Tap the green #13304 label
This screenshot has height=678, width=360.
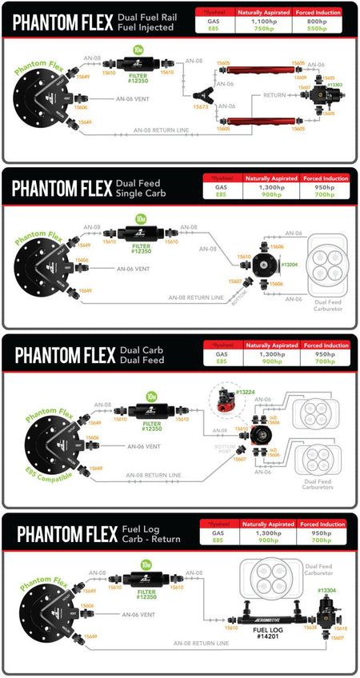tap(328, 590)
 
